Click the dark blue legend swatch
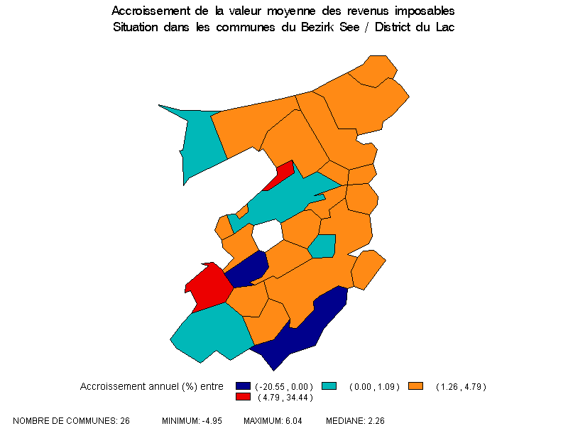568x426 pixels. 243,386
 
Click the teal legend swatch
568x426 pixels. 328,386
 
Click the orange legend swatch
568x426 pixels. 416,386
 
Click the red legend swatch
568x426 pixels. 243,396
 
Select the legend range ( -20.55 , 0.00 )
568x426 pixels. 284,386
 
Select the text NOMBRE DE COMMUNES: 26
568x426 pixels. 71,421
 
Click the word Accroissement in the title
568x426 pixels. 146,12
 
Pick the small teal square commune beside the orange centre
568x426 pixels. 322,246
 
